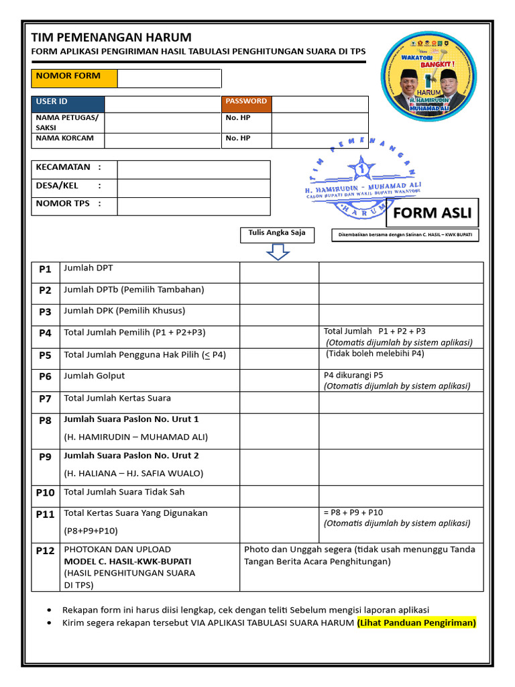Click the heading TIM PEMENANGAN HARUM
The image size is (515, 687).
coord(111,38)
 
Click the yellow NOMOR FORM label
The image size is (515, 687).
coord(74,78)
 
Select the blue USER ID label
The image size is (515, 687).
coord(68,103)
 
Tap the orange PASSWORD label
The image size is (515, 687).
coord(247,103)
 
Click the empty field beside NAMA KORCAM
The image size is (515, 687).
coord(162,140)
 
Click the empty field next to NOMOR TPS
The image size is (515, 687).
coord(193,205)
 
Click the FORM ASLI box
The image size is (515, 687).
coord(432,214)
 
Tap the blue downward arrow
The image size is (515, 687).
coord(278,252)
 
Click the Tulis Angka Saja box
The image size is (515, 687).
coord(277,233)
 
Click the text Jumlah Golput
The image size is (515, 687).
coord(94,376)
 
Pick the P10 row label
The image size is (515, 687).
coord(45,493)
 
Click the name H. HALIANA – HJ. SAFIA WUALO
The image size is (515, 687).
coord(133,473)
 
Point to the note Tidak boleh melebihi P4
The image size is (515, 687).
coord(376,354)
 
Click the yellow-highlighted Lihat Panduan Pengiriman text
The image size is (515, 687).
coord(416,623)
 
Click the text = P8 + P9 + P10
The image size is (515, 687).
coord(353,513)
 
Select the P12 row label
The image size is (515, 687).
coord(45,551)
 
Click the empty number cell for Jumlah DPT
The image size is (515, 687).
coord(279,272)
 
